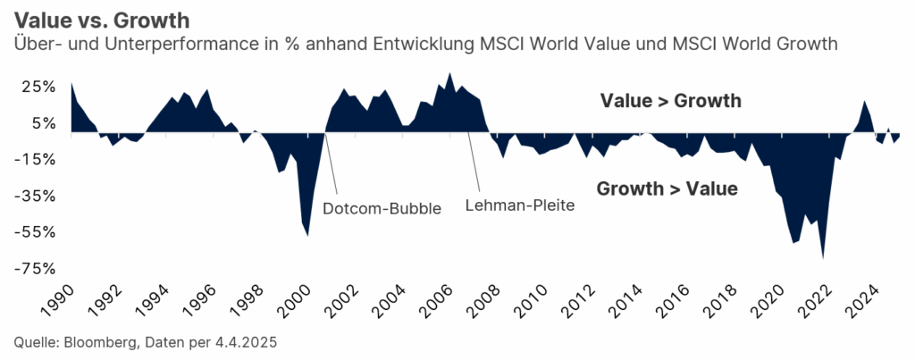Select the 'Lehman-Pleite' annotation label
(x=519, y=205)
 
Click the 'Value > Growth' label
(x=670, y=101)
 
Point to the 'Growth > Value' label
(x=667, y=188)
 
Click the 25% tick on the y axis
(x=39, y=87)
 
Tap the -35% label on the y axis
(x=37, y=196)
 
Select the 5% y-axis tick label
(x=43, y=123)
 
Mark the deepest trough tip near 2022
(x=823, y=257)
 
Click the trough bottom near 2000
(x=307, y=235)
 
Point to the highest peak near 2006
(x=449, y=73)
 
